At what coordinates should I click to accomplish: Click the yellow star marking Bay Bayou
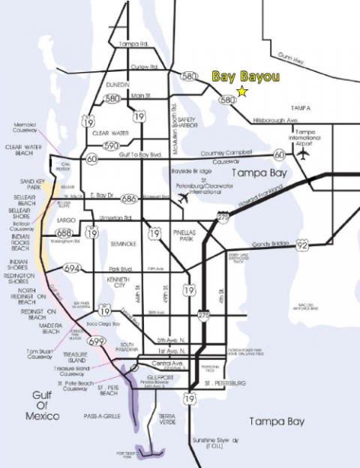242,91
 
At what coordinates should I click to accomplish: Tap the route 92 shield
301,244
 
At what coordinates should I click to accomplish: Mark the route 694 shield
73,268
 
